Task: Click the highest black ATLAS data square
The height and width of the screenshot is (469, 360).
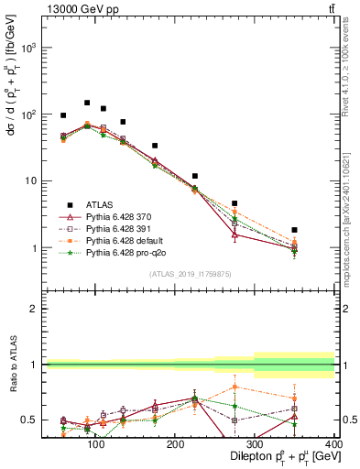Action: point(87,103)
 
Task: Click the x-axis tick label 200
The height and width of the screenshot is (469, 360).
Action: point(174,443)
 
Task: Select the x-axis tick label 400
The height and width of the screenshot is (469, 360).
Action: point(333,443)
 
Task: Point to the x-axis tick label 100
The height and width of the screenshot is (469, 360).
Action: point(94,443)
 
